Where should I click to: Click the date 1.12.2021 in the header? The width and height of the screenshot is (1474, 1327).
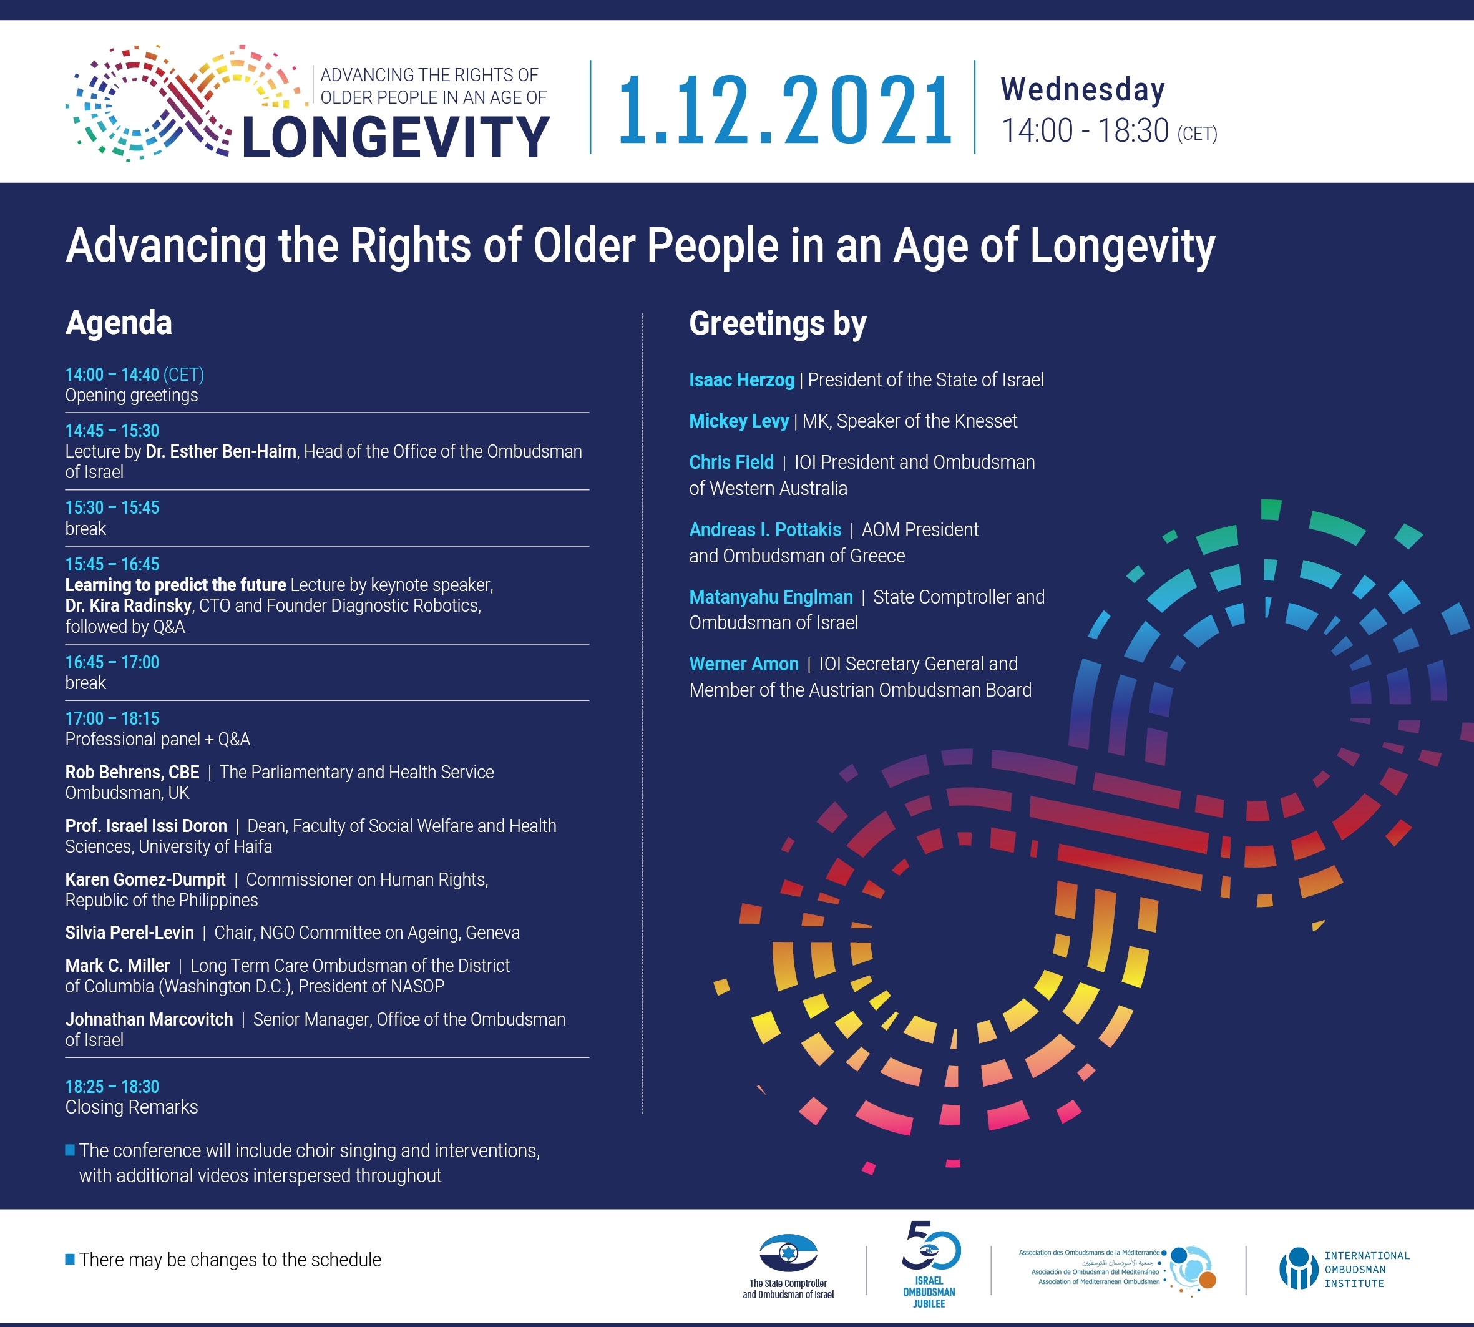point(784,110)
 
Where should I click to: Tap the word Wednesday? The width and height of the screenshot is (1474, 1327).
point(1083,90)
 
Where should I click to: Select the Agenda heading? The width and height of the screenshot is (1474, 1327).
point(119,323)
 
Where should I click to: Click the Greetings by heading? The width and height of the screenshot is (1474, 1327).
point(778,324)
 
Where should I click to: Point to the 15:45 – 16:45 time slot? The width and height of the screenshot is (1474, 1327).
point(112,564)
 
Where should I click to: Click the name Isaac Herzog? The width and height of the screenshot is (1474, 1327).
point(741,380)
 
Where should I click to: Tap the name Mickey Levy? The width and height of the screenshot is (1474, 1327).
point(738,421)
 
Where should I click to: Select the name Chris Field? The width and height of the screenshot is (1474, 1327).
point(731,463)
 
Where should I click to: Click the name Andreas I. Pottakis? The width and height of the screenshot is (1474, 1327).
point(764,529)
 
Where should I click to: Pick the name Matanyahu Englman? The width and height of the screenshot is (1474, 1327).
point(771,597)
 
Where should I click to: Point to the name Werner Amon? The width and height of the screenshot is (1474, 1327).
point(744,664)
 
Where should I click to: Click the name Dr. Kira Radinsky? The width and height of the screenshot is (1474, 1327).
point(129,606)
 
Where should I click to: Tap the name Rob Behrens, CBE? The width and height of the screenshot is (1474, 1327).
point(132,772)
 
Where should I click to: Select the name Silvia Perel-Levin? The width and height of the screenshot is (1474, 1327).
point(130,933)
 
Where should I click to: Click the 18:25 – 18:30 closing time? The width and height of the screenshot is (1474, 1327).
point(112,1087)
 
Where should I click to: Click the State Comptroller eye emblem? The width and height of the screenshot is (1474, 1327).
point(788,1253)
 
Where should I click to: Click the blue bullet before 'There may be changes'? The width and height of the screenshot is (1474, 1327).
point(70,1259)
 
